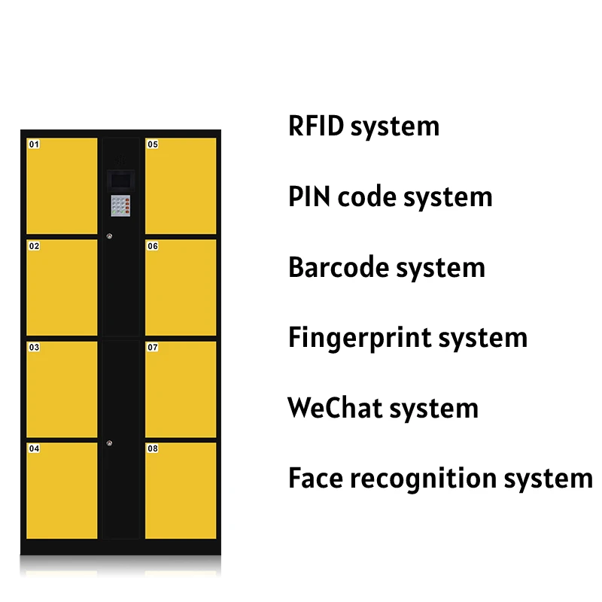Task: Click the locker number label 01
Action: coord(34,144)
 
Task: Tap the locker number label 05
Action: coord(153,144)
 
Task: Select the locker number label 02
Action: coord(34,246)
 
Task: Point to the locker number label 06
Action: coord(153,246)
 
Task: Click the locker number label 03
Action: coord(34,348)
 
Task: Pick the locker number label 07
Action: coord(153,348)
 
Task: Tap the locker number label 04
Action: coord(34,449)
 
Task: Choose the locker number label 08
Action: coord(153,449)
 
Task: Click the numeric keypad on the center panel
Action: coord(121,205)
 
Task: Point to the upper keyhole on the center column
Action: coord(110,239)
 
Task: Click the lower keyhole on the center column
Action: coord(110,442)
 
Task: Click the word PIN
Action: coord(309,197)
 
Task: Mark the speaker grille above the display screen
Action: coord(121,160)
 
